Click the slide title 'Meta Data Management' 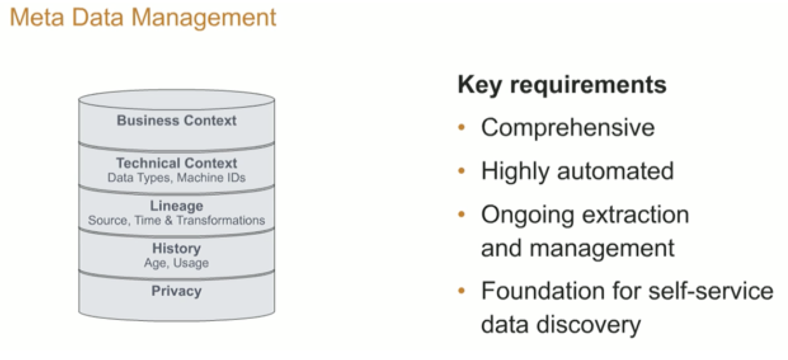(144, 17)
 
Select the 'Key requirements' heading (562, 84)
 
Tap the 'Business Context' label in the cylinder (177, 121)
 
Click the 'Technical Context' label (177, 163)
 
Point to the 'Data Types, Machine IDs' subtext (177, 178)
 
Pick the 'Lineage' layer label (177, 206)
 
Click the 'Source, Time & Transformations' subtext (177, 220)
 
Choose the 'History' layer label (177, 248)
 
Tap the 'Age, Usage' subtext (177, 263)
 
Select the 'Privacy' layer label (177, 291)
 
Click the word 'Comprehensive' (568, 128)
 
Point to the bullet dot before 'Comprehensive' (462, 128)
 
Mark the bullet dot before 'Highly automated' (462, 171)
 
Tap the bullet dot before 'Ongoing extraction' (462, 215)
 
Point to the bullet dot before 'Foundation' (462, 291)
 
